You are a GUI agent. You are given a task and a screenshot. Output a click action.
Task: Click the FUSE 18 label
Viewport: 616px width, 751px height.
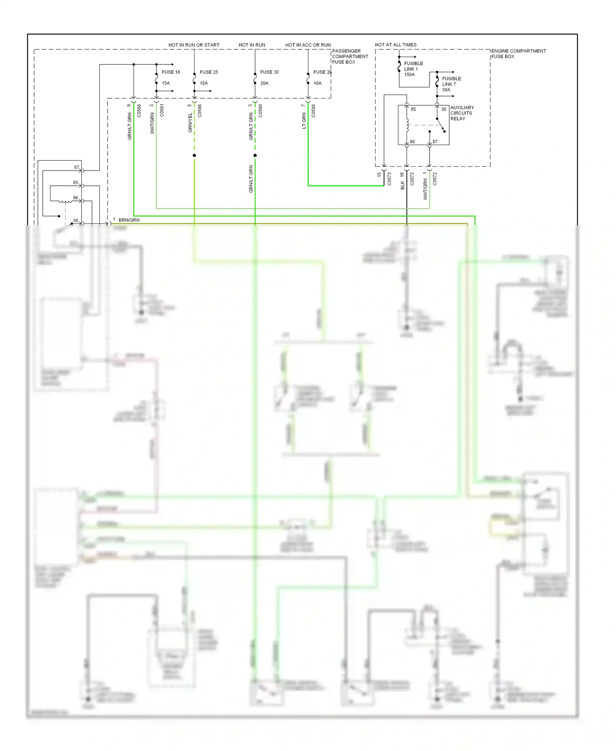pyautogui.click(x=170, y=72)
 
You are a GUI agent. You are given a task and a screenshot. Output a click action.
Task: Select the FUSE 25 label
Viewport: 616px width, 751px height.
pyautogui.click(x=209, y=72)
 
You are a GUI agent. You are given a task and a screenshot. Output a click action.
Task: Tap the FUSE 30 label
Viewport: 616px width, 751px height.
pyautogui.click(x=269, y=72)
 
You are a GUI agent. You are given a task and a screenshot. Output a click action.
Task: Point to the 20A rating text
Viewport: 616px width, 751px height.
pyautogui.click(x=264, y=83)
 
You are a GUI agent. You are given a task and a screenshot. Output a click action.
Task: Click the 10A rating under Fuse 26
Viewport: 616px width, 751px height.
pyautogui.click(x=317, y=83)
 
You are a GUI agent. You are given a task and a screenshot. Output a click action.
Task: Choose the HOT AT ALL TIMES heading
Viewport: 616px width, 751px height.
pyautogui.click(x=395, y=45)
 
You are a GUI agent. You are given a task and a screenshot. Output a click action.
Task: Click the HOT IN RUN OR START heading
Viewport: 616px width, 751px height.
pyautogui.click(x=194, y=45)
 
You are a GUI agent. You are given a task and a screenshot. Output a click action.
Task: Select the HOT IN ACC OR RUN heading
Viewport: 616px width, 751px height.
pyautogui.click(x=308, y=45)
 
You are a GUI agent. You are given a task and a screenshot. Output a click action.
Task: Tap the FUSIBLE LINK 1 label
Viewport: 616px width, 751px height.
pyautogui.click(x=413, y=66)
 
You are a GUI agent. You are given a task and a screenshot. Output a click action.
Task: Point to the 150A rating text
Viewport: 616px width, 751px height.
pyautogui.click(x=409, y=75)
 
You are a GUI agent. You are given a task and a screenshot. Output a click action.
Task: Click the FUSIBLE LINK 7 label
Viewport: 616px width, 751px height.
pyautogui.click(x=451, y=81)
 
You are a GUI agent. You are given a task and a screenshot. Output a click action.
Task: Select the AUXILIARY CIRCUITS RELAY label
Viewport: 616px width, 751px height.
pyautogui.click(x=462, y=113)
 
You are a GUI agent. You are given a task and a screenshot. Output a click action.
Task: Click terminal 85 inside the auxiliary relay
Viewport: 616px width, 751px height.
pyautogui.click(x=413, y=109)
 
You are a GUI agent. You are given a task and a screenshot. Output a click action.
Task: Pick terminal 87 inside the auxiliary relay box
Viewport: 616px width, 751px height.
pyautogui.click(x=435, y=141)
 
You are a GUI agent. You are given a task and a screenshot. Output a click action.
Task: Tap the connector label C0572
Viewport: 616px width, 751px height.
pyautogui.click(x=435, y=179)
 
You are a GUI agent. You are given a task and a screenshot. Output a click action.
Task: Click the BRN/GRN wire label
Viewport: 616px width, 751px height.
pyautogui.click(x=129, y=220)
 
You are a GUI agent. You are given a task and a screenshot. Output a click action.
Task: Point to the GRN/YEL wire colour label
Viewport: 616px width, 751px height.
pyautogui.click(x=190, y=123)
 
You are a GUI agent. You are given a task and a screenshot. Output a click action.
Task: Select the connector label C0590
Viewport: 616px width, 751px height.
pyautogui.click(x=260, y=111)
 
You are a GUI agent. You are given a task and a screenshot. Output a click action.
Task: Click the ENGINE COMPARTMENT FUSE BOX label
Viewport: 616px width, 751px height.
pyautogui.click(x=518, y=54)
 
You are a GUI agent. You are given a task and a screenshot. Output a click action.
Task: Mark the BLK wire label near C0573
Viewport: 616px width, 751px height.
pyautogui.click(x=402, y=185)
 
